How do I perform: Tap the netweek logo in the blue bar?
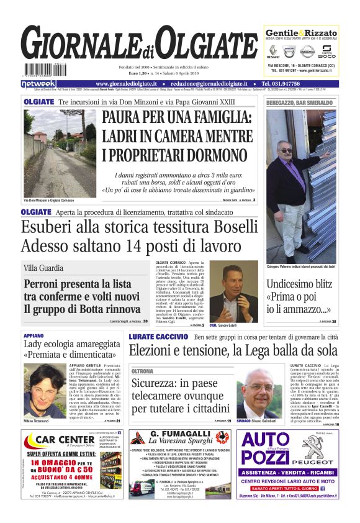[x=38, y=83]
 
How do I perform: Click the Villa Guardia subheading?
[x=43, y=268]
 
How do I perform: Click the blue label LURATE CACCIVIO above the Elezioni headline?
[x=158, y=336]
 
